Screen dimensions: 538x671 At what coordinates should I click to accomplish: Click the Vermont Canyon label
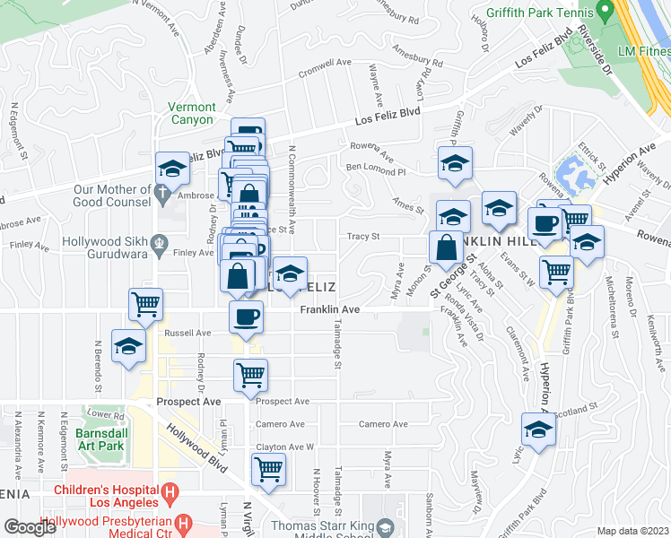[x=191, y=113]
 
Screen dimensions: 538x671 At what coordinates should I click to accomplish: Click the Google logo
[x=30, y=527]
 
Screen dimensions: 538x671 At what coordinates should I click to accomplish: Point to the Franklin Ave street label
[x=329, y=309]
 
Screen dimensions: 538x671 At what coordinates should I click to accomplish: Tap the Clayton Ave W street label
[x=284, y=447]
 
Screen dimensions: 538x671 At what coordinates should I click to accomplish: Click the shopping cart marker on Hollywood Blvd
[x=268, y=470]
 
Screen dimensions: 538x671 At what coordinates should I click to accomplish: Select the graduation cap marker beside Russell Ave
[x=128, y=346]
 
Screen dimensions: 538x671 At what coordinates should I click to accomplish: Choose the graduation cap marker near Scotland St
[x=538, y=430]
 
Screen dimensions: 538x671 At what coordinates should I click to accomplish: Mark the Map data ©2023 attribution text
[x=632, y=531]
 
